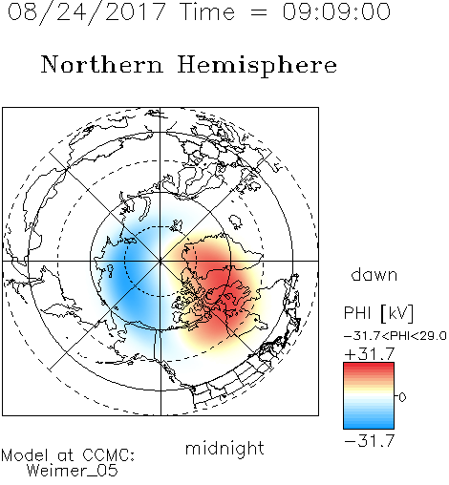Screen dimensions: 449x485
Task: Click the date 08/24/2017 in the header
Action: pos(86,12)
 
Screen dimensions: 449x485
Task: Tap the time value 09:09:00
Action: pos(336,11)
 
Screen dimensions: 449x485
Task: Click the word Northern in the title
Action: pos(102,64)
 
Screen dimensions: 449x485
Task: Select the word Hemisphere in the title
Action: pos(257,66)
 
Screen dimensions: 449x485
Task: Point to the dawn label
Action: pos(374,275)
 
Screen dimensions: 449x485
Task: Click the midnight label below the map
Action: pos(224,448)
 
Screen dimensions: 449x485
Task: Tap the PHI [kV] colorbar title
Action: pos(378,313)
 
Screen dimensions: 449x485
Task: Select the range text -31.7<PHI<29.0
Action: pos(396,336)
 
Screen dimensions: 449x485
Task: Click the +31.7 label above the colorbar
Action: pos(370,353)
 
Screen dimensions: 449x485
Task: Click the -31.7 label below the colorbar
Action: pos(370,441)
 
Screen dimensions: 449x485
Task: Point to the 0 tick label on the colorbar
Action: pos(402,397)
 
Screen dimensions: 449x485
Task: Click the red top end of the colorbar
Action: pos(369,365)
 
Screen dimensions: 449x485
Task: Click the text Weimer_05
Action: pos(73,470)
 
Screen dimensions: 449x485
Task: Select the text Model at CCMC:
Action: pos(68,455)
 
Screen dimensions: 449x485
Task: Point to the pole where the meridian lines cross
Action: pos(160,261)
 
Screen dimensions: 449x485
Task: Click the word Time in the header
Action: pos(207,11)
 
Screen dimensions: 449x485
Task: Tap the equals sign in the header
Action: pos(259,12)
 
